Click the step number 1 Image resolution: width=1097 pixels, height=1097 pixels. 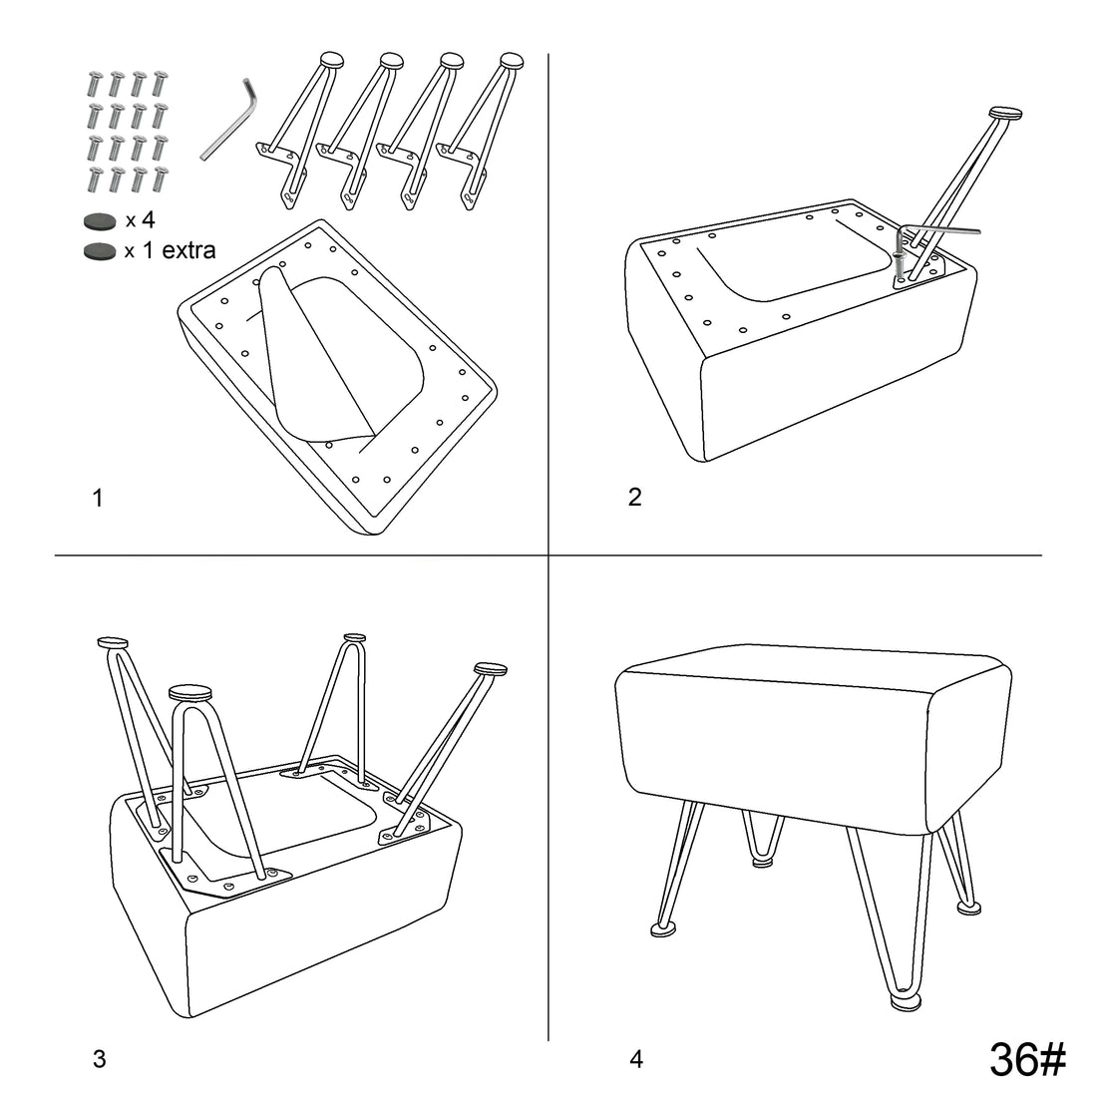click(x=98, y=498)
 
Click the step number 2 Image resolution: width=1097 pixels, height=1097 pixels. click(x=634, y=497)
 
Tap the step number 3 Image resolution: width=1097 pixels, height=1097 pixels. click(x=100, y=1058)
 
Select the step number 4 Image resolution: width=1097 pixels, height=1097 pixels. click(x=636, y=1059)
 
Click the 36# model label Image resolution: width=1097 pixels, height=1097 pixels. click(x=1027, y=1058)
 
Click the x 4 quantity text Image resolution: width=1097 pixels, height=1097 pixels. click(x=140, y=220)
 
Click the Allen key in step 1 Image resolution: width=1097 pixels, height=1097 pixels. click(x=229, y=120)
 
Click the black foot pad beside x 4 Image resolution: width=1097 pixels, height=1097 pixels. click(x=100, y=221)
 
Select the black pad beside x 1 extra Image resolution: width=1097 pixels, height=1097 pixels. click(x=100, y=251)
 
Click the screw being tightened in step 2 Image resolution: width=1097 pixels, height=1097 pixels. click(x=899, y=263)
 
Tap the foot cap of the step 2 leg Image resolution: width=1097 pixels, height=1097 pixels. click(x=1005, y=112)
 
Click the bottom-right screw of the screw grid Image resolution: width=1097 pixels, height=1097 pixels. click(x=161, y=180)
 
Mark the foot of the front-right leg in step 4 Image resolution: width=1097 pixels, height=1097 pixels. click(x=906, y=1002)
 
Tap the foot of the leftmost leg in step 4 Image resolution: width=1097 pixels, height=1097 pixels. click(x=664, y=928)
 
